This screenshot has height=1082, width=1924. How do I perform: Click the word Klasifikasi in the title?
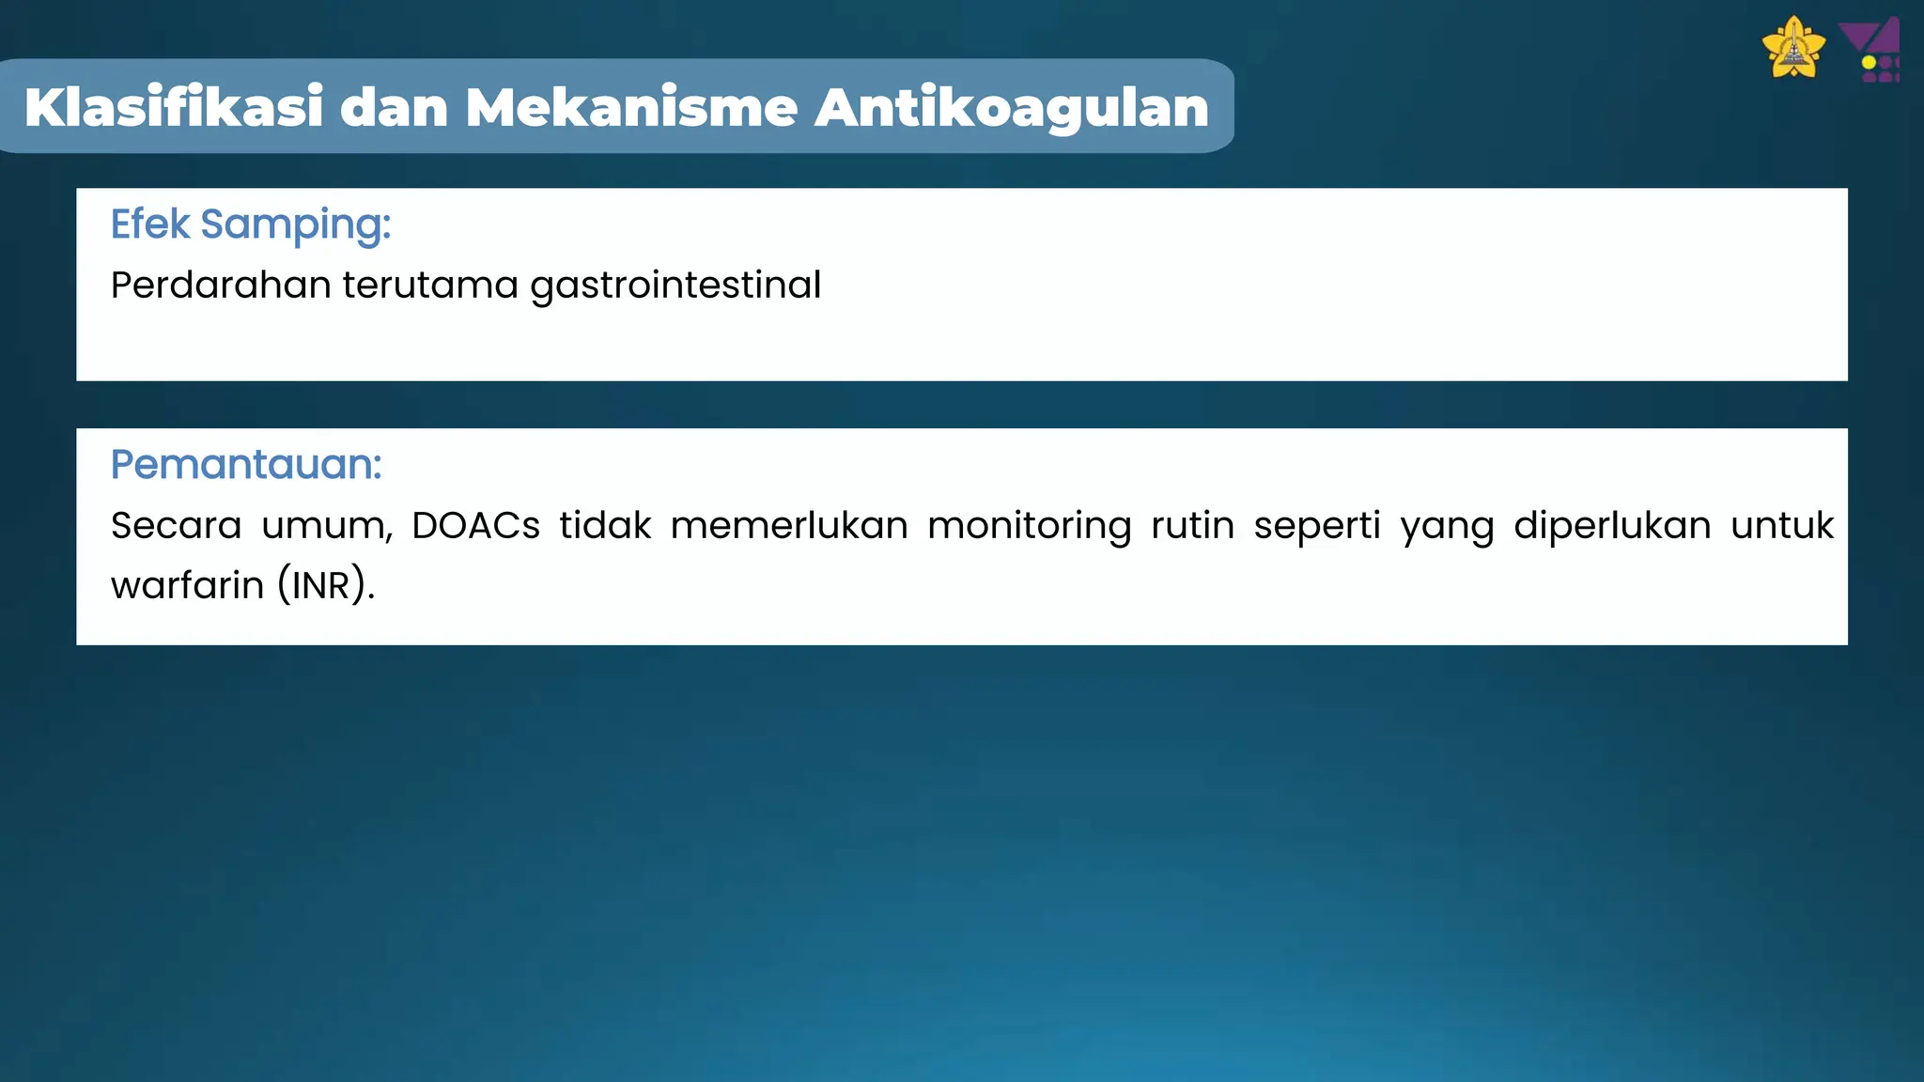click(175, 107)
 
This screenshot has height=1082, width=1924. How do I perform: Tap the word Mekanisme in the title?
click(631, 107)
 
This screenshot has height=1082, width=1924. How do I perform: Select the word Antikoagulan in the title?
click(1011, 107)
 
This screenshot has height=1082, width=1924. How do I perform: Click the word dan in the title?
click(394, 107)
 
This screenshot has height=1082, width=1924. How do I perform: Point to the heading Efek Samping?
click(251, 224)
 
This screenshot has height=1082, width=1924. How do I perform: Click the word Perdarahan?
click(220, 285)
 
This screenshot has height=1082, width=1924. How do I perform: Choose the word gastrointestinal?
click(675, 285)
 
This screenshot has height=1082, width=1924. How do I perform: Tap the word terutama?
click(430, 285)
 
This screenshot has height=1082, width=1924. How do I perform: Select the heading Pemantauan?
click(246, 464)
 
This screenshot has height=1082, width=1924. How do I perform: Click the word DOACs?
click(475, 525)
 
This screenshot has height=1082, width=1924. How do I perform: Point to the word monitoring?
click(1030, 525)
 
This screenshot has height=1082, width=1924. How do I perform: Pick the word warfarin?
click(188, 585)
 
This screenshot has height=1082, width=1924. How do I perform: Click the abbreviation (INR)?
click(326, 585)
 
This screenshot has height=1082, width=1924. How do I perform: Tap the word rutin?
click(1192, 525)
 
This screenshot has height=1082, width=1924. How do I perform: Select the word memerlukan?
click(789, 525)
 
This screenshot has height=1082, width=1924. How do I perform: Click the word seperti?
click(1317, 525)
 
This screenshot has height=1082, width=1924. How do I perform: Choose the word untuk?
click(1782, 525)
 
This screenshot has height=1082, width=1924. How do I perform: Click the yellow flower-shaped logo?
click(1793, 48)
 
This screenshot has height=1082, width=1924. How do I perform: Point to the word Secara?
click(177, 525)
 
